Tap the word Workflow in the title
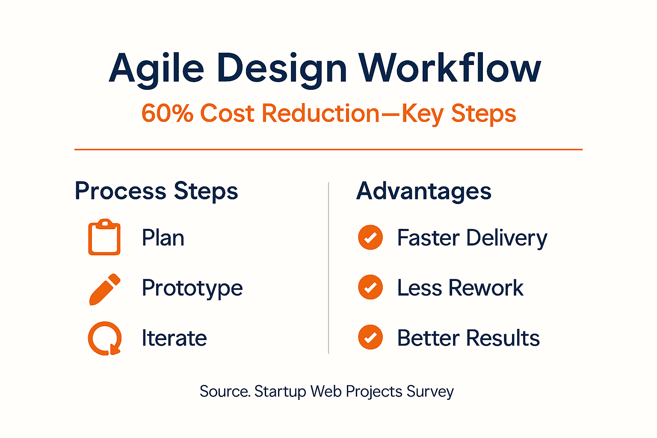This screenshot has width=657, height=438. (450, 68)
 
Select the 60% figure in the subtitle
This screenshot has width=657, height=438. (167, 114)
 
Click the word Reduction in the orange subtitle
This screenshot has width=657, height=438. (320, 114)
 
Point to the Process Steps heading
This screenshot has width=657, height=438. (156, 191)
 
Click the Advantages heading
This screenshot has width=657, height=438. (423, 191)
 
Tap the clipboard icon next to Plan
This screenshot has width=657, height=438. (104, 237)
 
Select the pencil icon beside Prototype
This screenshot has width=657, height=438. (105, 289)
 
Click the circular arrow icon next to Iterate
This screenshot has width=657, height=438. (105, 338)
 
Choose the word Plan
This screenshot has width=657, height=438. (163, 238)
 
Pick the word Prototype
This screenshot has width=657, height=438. (192, 288)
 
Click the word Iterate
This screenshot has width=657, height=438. (174, 338)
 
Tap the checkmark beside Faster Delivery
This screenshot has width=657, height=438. (370, 237)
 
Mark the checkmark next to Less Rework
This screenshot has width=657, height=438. (370, 287)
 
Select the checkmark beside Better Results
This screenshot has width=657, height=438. (370, 337)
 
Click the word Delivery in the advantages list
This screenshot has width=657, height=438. (506, 238)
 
